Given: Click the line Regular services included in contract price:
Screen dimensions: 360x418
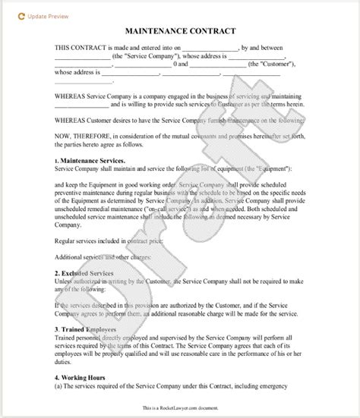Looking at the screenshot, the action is click(x=108, y=237).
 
